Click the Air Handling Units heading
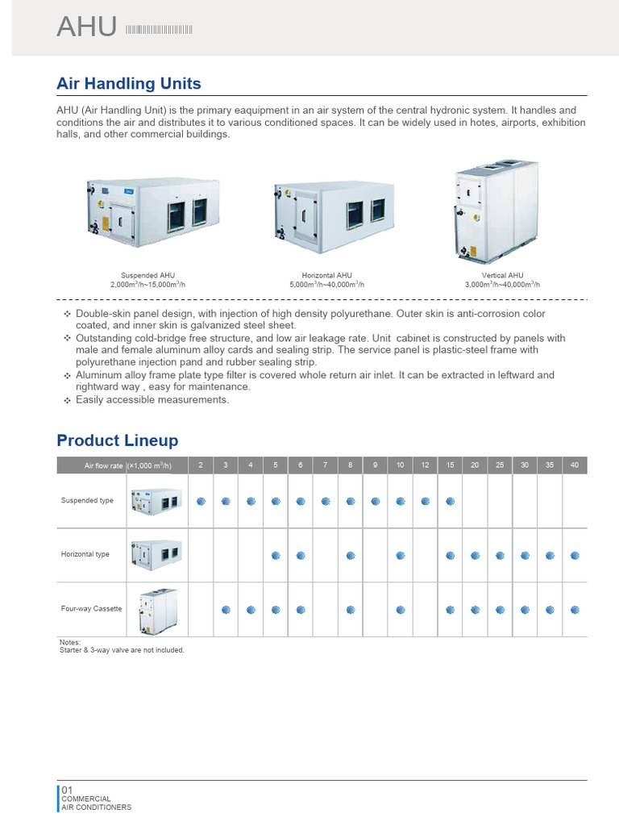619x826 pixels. (x=129, y=84)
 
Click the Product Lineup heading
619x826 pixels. (x=118, y=440)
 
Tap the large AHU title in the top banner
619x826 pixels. (x=87, y=27)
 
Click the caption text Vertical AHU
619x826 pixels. (x=502, y=276)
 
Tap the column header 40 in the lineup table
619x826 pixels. (x=575, y=465)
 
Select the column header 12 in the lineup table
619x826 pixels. (x=425, y=465)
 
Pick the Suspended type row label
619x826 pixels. (x=88, y=501)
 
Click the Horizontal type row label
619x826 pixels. (x=85, y=555)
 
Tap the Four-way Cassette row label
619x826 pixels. (x=92, y=609)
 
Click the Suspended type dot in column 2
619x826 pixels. (x=201, y=501)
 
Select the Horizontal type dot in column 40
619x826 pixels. (x=575, y=555)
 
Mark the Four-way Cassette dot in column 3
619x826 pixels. (x=226, y=609)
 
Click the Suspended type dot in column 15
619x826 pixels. (x=450, y=501)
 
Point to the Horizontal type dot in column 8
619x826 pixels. (x=351, y=555)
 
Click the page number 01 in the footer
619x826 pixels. (x=68, y=790)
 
